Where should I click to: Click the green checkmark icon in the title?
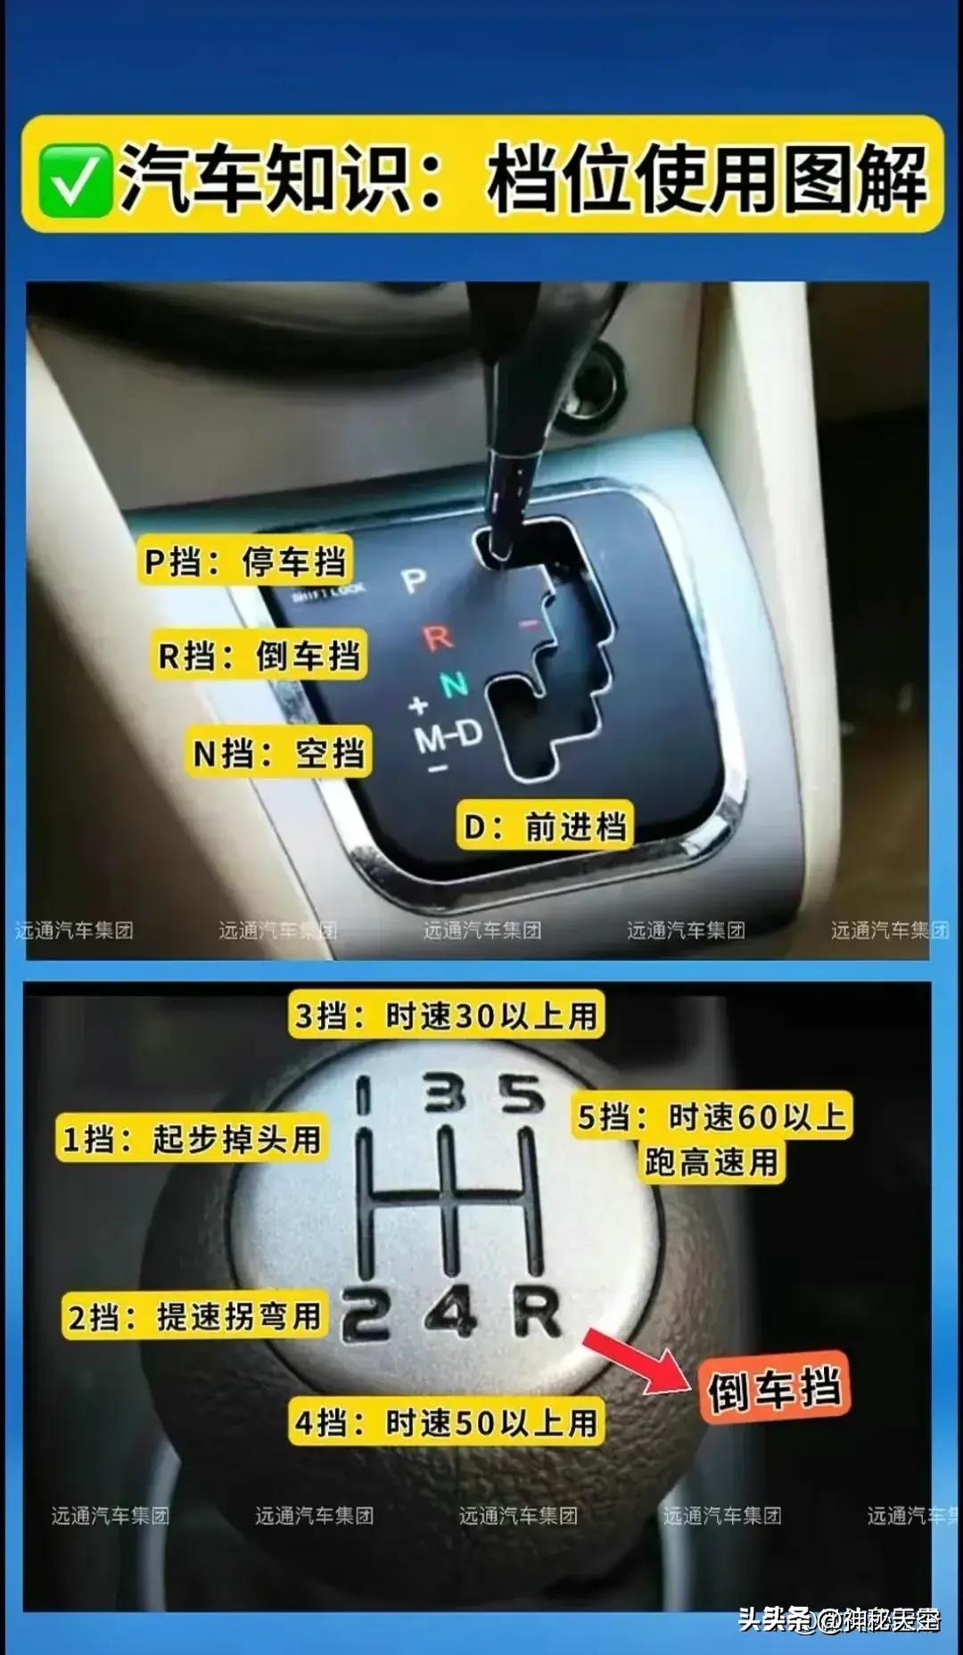(76, 180)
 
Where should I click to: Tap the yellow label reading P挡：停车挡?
(245, 561)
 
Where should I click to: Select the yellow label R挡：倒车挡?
(259, 655)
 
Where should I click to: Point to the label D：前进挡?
(545, 827)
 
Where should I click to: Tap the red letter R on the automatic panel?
(438, 638)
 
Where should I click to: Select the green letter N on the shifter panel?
(454, 684)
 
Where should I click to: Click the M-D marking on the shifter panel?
(449, 736)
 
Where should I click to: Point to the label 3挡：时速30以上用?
(446, 1016)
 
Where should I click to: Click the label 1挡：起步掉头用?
(192, 1139)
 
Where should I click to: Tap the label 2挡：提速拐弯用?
(195, 1316)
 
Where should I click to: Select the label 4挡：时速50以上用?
(446, 1422)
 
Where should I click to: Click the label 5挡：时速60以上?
(712, 1116)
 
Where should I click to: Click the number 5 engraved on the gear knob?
(522, 1094)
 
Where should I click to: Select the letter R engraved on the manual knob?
(538, 1313)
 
